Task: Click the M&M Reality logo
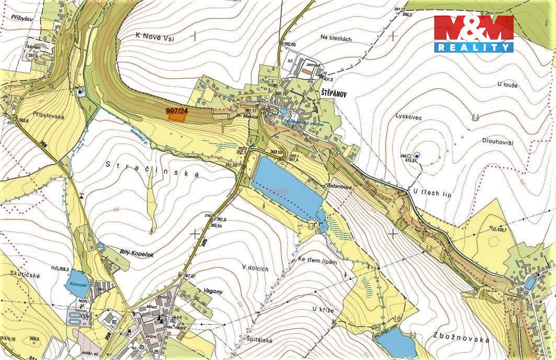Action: pos(473,33)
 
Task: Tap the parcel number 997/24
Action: pos(176,111)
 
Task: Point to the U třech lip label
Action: pos(432,194)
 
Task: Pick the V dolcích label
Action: pos(255,269)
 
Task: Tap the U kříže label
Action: pos(323,309)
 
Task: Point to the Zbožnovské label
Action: pos(461,340)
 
